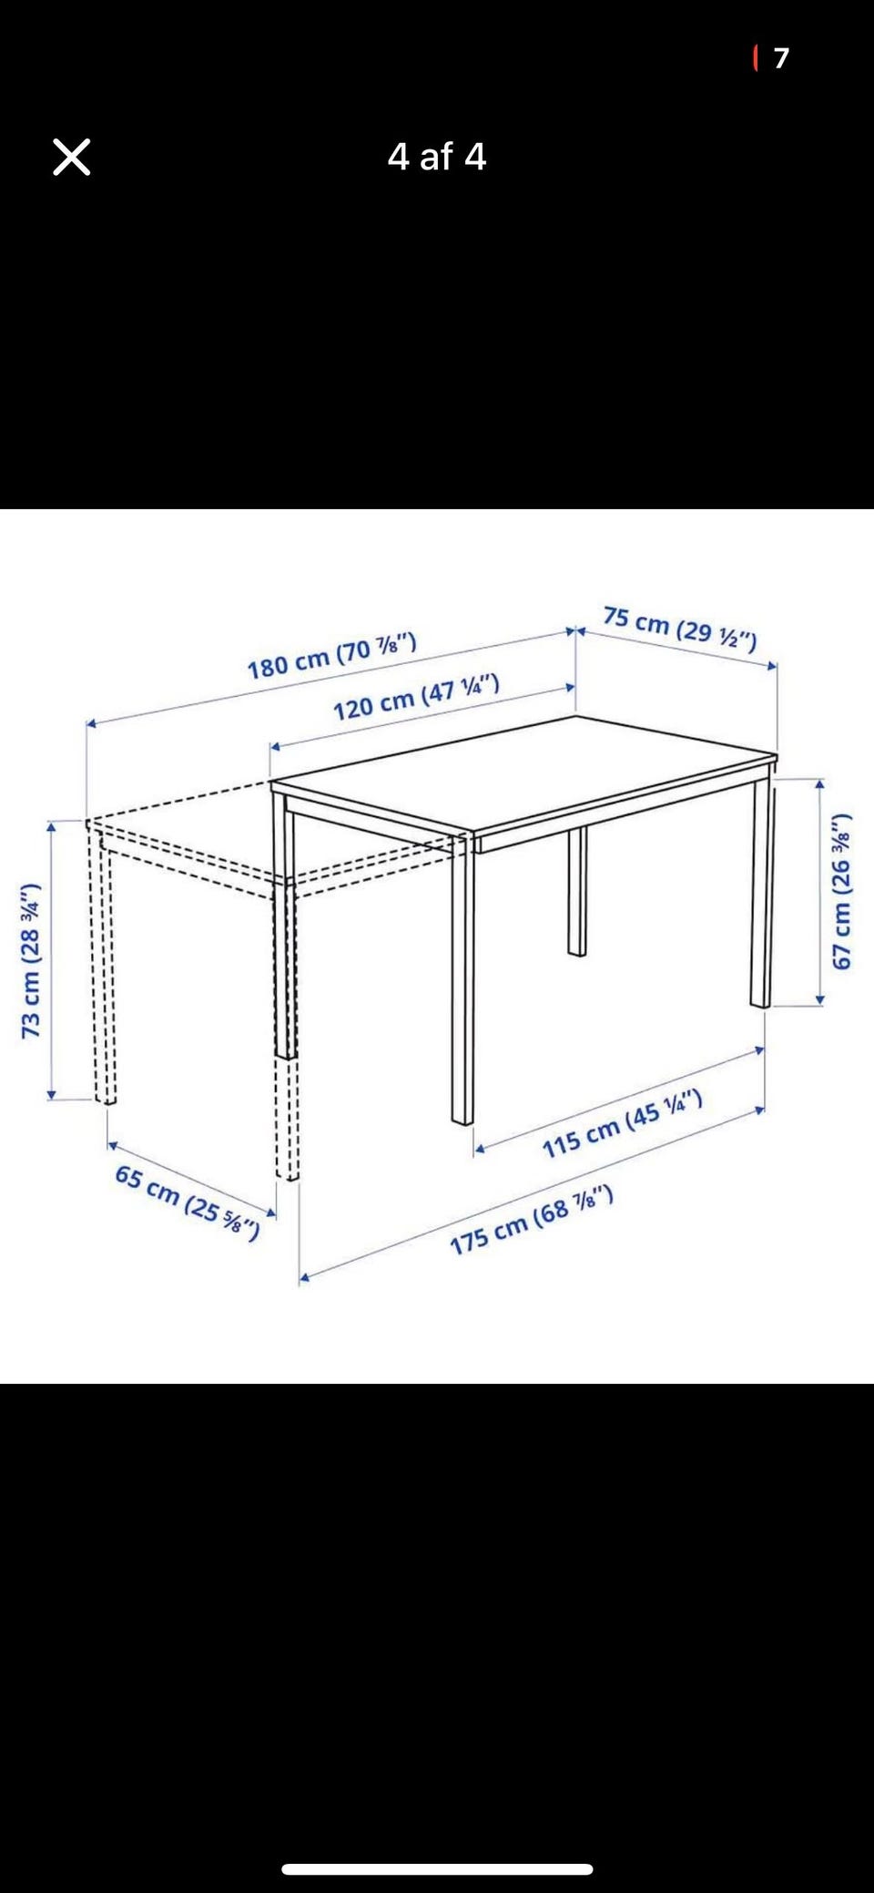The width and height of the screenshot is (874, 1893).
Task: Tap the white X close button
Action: [x=71, y=157]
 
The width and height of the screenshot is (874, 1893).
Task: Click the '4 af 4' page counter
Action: [x=437, y=157]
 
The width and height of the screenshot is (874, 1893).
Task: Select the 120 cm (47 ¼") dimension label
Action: [x=416, y=697]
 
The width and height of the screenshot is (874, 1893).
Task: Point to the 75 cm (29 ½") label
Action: [x=680, y=629]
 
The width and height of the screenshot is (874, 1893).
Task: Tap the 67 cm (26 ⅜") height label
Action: [x=842, y=891]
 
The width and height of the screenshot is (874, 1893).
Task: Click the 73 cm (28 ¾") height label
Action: [x=31, y=960]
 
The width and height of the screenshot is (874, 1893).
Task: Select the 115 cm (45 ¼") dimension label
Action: [x=623, y=1123]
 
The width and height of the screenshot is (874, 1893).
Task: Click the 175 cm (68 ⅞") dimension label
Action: [x=532, y=1220]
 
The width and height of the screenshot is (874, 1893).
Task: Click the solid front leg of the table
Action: [x=462, y=978]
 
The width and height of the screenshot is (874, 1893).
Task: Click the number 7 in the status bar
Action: [x=781, y=58]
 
